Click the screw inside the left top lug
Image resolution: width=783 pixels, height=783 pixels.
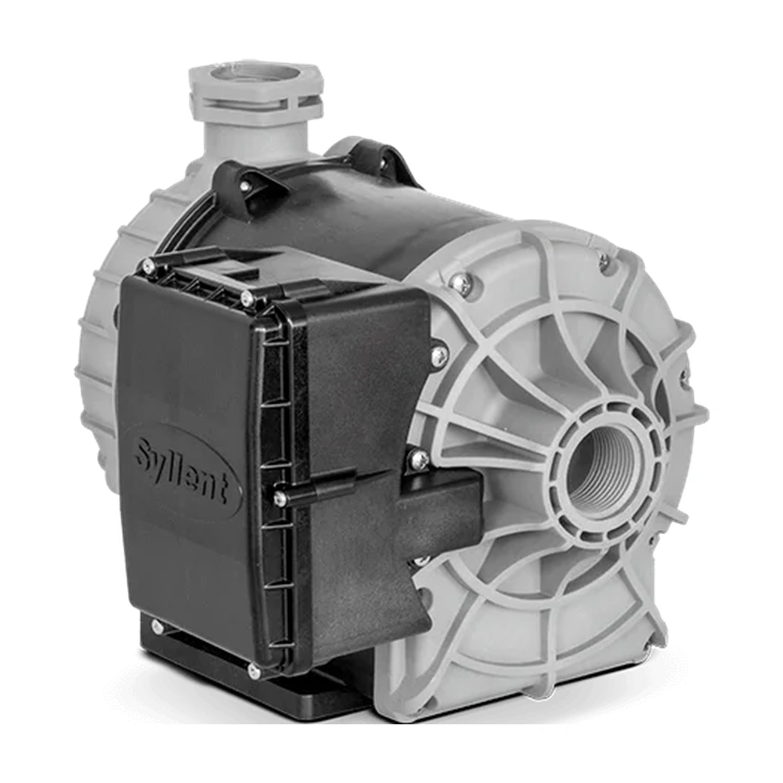(246, 186)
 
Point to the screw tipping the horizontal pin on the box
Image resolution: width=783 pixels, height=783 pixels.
(279, 496)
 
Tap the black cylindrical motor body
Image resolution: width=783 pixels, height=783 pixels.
(329, 219)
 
